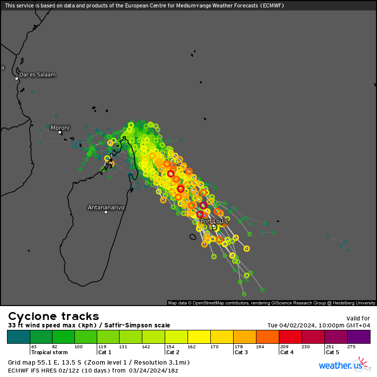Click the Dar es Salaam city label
pyautogui.click(x=37, y=75)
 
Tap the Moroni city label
pyautogui.click(x=60, y=127)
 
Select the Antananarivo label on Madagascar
pyautogui.click(x=106, y=207)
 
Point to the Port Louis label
pyautogui.click(x=214, y=221)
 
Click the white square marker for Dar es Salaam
pyautogui.click(x=16, y=78)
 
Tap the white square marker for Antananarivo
pyautogui.click(x=106, y=212)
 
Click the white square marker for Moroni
pyautogui.click(x=60, y=132)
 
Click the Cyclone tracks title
pyautogui.click(x=54, y=316)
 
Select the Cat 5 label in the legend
pyautogui.click(x=332, y=352)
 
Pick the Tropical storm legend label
pyautogui.click(x=49, y=352)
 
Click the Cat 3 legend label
pyautogui.click(x=241, y=352)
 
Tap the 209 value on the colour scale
pyautogui.click(x=284, y=347)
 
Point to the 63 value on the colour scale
pyautogui.click(x=34, y=347)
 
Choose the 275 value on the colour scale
pyautogui.click(x=351, y=347)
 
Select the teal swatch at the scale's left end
pyautogui.click(x=18, y=337)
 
